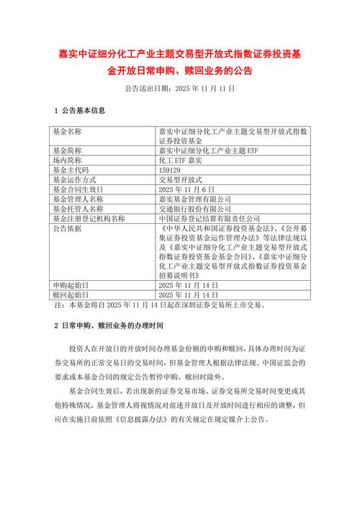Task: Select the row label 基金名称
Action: (68, 132)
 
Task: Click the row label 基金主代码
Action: (71, 170)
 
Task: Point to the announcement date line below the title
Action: (179, 87)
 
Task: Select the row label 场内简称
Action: (68, 161)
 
